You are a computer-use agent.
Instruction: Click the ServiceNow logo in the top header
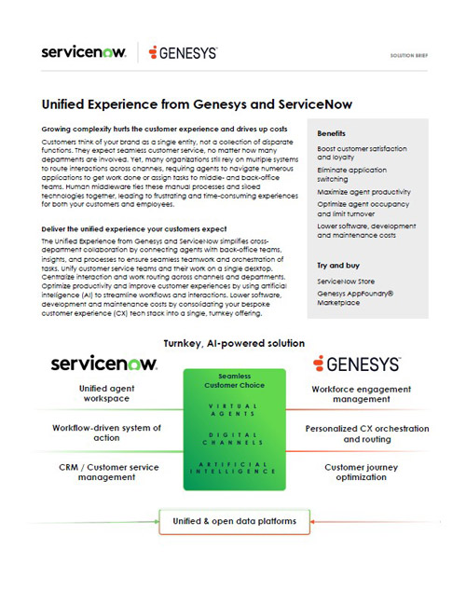click(x=84, y=52)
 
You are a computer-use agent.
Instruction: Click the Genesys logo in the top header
click(x=184, y=53)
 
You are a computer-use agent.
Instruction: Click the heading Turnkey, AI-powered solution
click(x=233, y=343)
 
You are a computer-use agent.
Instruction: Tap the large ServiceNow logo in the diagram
click(x=104, y=364)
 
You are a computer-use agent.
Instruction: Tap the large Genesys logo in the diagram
click(x=357, y=364)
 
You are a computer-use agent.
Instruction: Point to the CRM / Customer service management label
click(x=106, y=471)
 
